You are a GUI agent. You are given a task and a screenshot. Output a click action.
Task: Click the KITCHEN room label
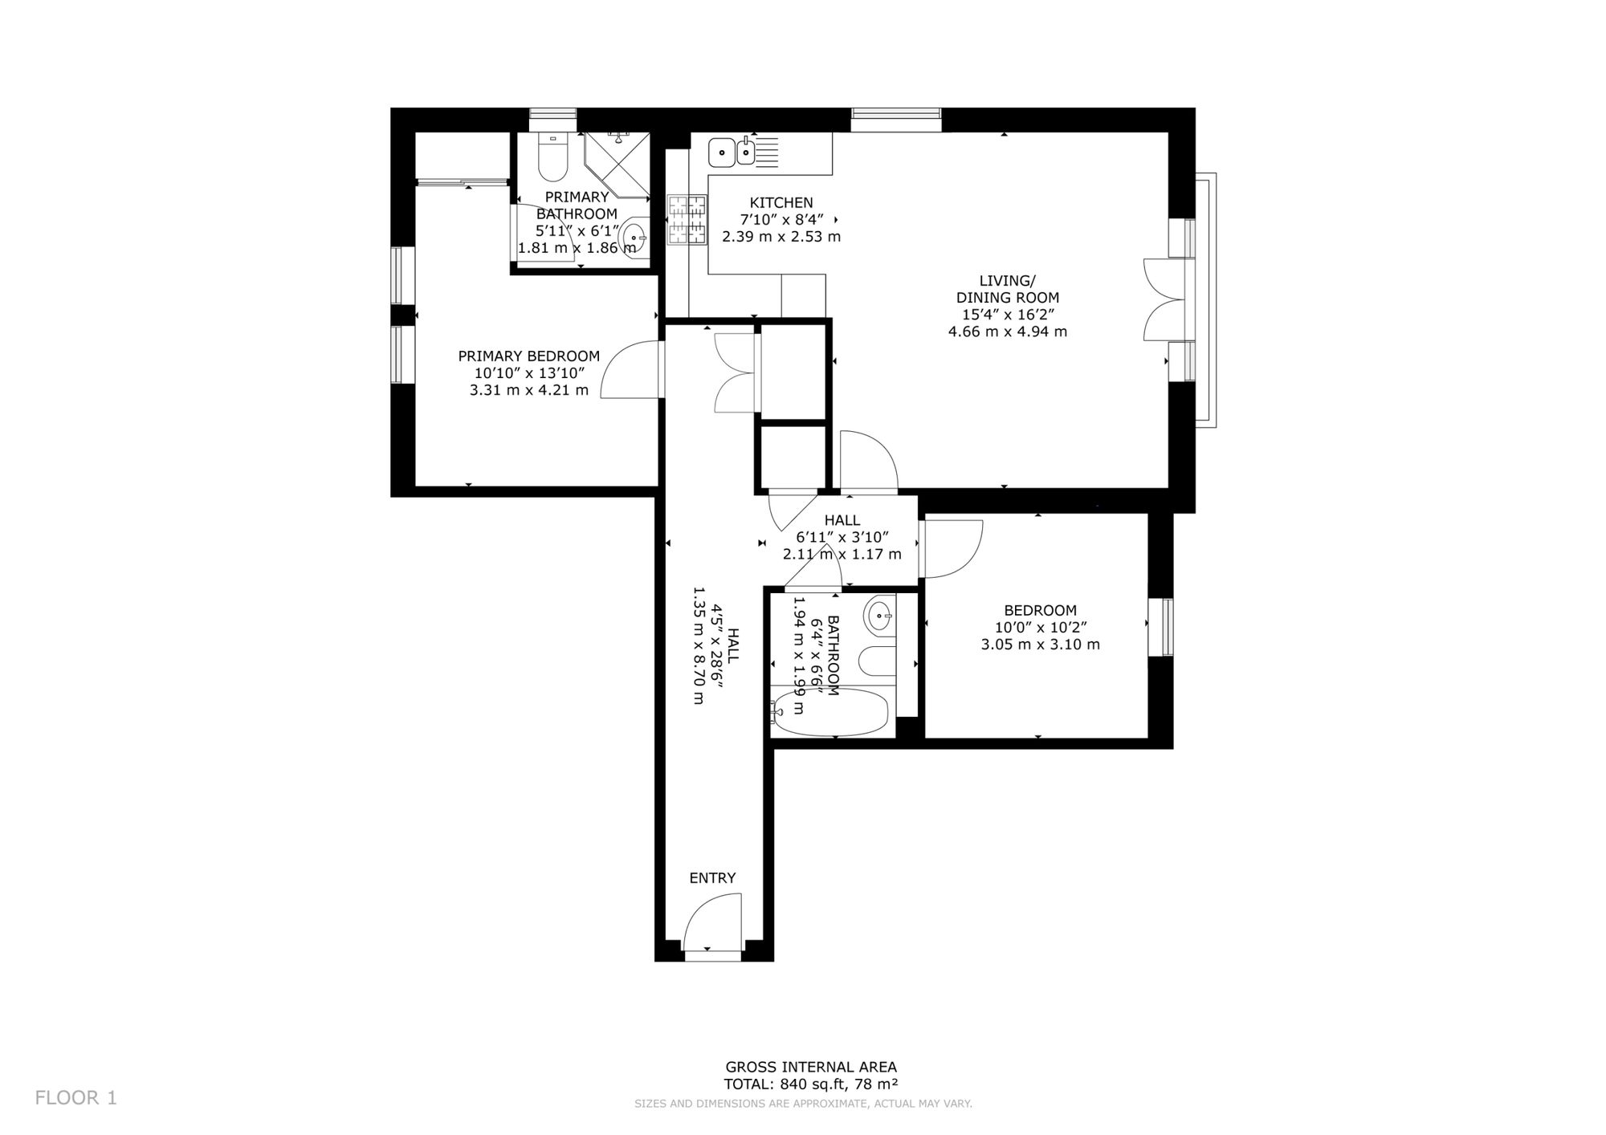pyautogui.click(x=781, y=203)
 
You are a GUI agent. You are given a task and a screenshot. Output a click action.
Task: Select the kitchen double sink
pyautogui.click(x=733, y=151)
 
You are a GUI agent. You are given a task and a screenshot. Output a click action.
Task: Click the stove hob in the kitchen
pyautogui.click(x=687, y=219)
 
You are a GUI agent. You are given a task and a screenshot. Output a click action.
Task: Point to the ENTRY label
pyautogui.click(x=712, y=878)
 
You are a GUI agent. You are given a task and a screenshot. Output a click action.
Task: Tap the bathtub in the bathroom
pyautogui.click(x=829, y=712)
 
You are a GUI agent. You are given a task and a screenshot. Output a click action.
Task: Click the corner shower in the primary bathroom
pyautogui.click(x=617, y=166)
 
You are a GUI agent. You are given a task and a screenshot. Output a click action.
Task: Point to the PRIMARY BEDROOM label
pyautogui.click(x=528, y=356)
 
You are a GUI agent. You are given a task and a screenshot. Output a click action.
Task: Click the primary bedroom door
pyautogui.click(x=631, y=369)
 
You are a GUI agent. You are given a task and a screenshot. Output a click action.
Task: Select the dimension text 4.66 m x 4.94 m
pyautogui.click(x=1008, y=332)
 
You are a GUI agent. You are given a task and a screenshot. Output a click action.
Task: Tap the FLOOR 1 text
pyautogui.click(x=76, y=1098)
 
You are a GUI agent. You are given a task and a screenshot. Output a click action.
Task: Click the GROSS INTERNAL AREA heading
pyautogui.click(x=811, y=1067)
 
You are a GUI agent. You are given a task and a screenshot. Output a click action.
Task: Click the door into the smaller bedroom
pyautogui.click(x=952, y=549)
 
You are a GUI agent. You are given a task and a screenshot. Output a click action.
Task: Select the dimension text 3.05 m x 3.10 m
pyautogui.click(x=1040, y=645)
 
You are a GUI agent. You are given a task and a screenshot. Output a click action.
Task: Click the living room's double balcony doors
pyautogui.click(x=1164, y=299)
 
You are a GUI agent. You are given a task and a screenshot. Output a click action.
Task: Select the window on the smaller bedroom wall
pyautogui.click(x=1161, y=627)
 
